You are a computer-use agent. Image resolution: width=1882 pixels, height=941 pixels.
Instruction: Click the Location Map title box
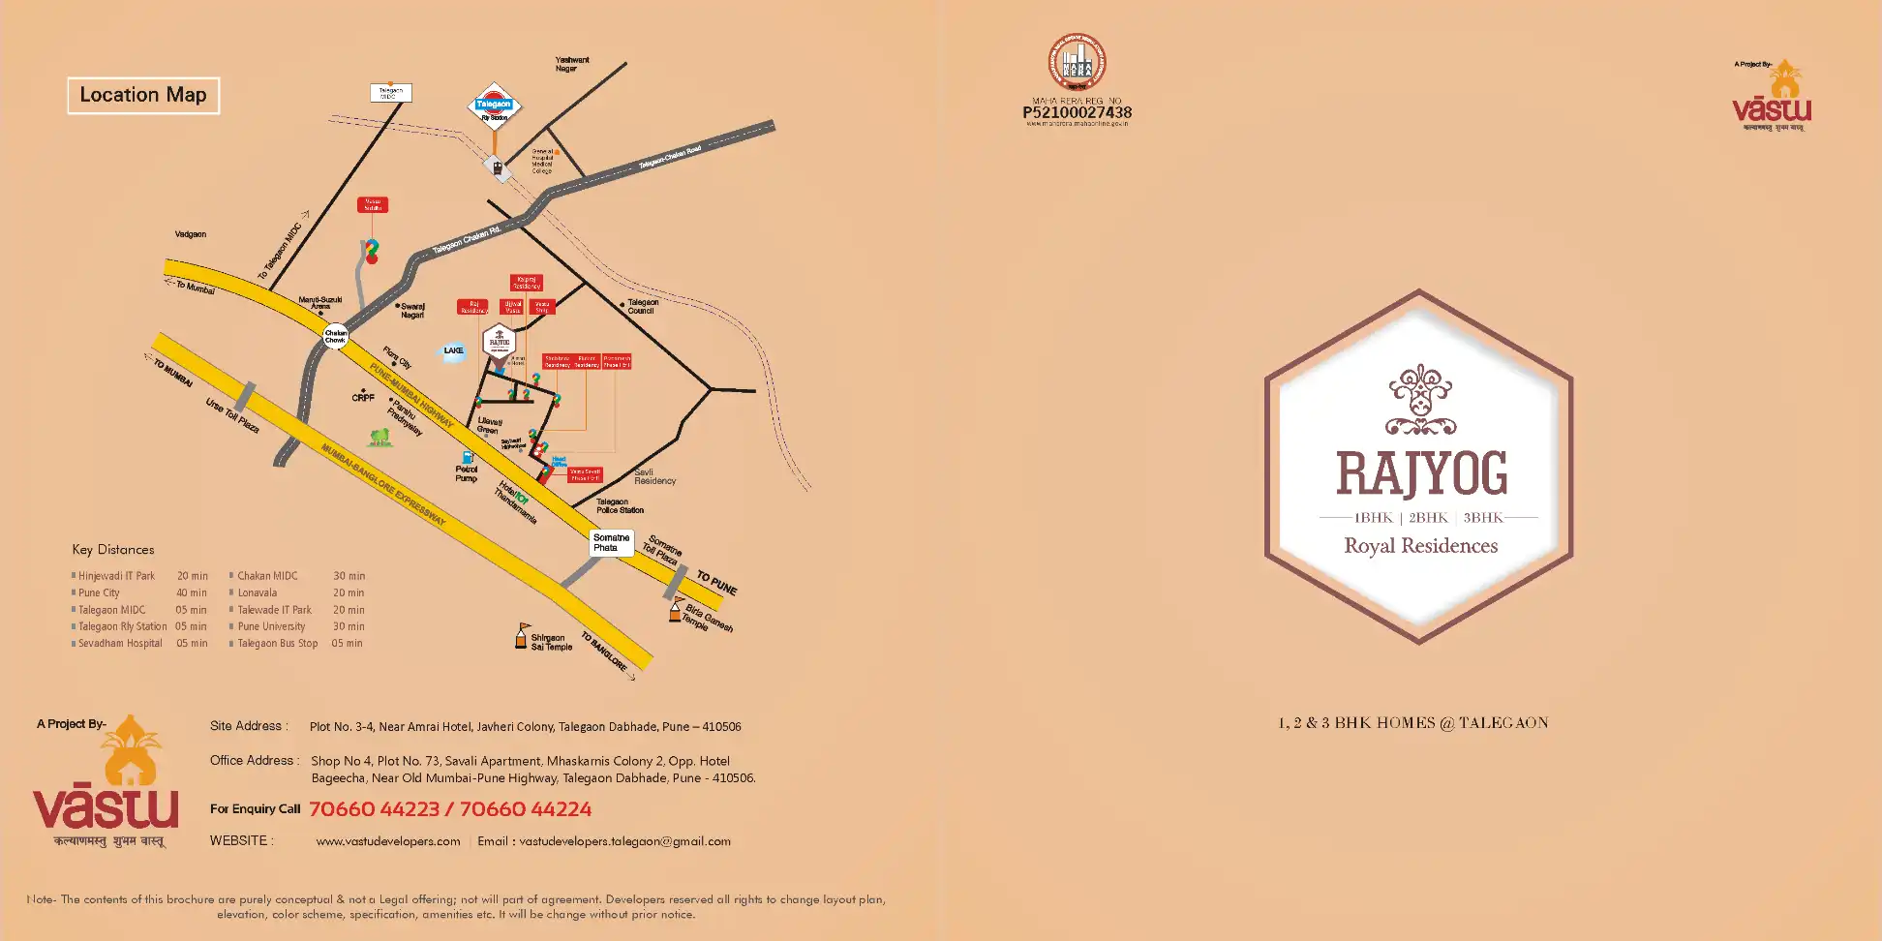pos(143,95)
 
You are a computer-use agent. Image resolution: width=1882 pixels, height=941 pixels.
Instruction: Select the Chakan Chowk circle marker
pos(335,336)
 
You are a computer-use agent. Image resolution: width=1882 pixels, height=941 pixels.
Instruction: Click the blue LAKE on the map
pos(453,351)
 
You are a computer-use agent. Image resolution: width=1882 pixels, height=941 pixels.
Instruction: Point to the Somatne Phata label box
pos(611,542)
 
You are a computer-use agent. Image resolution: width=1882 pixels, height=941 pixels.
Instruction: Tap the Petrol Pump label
pos(467,473)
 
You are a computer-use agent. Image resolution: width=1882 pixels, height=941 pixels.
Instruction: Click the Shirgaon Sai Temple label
pos(551,642)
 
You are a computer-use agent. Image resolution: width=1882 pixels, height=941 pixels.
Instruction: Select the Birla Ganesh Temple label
pos(708,618)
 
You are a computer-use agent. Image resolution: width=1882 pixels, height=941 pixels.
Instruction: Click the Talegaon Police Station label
pos(620,505)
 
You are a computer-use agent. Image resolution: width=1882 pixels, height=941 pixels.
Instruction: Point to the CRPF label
pos(363,398)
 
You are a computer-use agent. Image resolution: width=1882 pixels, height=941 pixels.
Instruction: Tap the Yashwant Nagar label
pos(571,64)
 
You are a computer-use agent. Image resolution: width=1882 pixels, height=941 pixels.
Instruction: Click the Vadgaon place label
pos(191,234)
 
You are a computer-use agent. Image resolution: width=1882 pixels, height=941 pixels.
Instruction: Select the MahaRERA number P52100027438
pos(1077,112)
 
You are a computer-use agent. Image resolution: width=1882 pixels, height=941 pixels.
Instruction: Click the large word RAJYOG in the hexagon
pos(1421,473)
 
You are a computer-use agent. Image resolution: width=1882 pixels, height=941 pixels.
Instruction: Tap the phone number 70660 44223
pos(375,809)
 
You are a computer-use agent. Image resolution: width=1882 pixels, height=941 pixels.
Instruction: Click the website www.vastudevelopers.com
pos(388,841)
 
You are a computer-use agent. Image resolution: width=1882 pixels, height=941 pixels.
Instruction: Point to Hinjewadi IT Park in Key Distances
pos(116,576)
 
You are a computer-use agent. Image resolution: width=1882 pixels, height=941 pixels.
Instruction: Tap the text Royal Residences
pos(1420,546)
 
